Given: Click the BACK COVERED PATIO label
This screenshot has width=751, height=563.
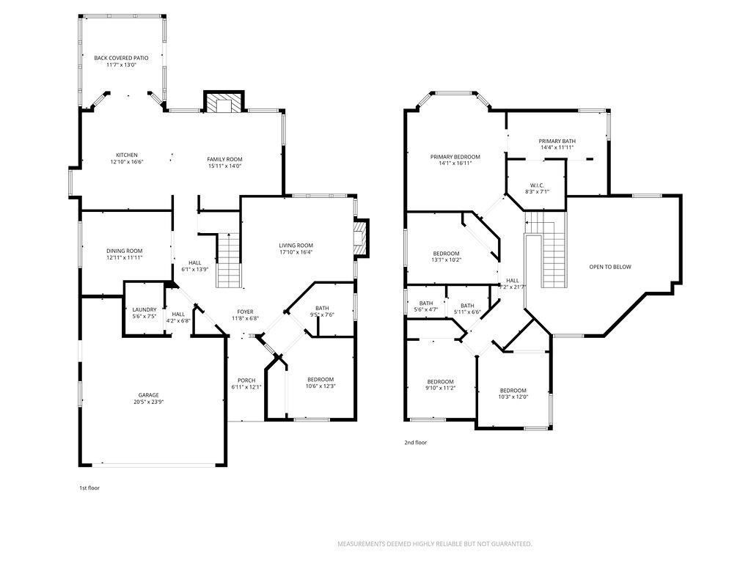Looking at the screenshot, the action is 121,58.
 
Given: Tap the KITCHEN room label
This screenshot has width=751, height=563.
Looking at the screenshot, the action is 127,155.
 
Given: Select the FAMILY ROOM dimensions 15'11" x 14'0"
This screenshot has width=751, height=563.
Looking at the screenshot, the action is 224,166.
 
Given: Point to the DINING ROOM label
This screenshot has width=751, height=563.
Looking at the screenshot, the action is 125,251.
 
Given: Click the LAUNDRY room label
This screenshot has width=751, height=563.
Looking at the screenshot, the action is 144,310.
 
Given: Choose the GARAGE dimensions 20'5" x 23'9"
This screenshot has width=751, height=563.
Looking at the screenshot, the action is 148,402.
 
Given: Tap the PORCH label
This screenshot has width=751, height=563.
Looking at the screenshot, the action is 246,380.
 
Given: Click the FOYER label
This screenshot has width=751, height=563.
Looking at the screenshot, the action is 245,312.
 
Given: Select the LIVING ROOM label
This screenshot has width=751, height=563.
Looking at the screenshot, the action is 296,245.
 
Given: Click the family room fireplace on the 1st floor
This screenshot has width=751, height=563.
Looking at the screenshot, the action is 224,101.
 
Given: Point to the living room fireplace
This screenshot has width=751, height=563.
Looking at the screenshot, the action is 361,238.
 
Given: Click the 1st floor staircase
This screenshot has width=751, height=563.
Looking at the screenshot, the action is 229,260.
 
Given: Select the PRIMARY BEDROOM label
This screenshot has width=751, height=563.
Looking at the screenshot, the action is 455,157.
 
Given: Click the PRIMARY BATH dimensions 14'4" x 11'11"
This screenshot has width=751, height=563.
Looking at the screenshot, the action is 557,147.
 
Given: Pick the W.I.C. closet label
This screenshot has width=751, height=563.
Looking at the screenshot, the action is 538,185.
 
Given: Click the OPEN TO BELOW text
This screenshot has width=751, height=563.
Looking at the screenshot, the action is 610,267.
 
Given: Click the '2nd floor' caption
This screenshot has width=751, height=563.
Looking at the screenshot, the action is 416,442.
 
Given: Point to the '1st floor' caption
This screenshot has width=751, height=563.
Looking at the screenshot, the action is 89,487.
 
